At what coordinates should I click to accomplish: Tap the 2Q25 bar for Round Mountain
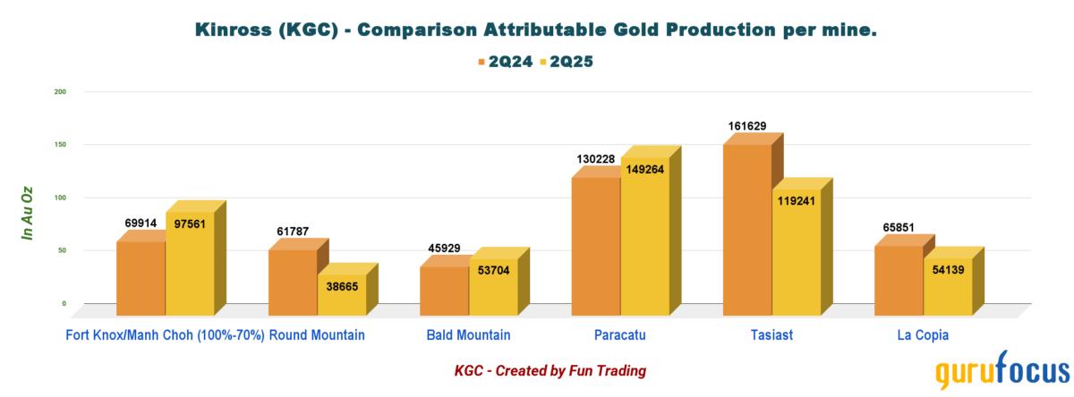coord(342,294)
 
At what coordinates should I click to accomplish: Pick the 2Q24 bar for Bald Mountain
coord(444,291)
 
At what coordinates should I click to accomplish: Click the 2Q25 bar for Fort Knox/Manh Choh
coord(190,263)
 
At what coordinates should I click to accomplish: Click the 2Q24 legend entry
coord(503,62)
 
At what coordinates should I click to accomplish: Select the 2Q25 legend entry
coord(569,62)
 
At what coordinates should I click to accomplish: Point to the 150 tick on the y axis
coord(60,144)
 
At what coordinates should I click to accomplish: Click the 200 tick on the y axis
coord(60,91)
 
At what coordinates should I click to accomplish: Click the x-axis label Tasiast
coord(771,335)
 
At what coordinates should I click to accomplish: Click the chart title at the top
coord(536,30)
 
